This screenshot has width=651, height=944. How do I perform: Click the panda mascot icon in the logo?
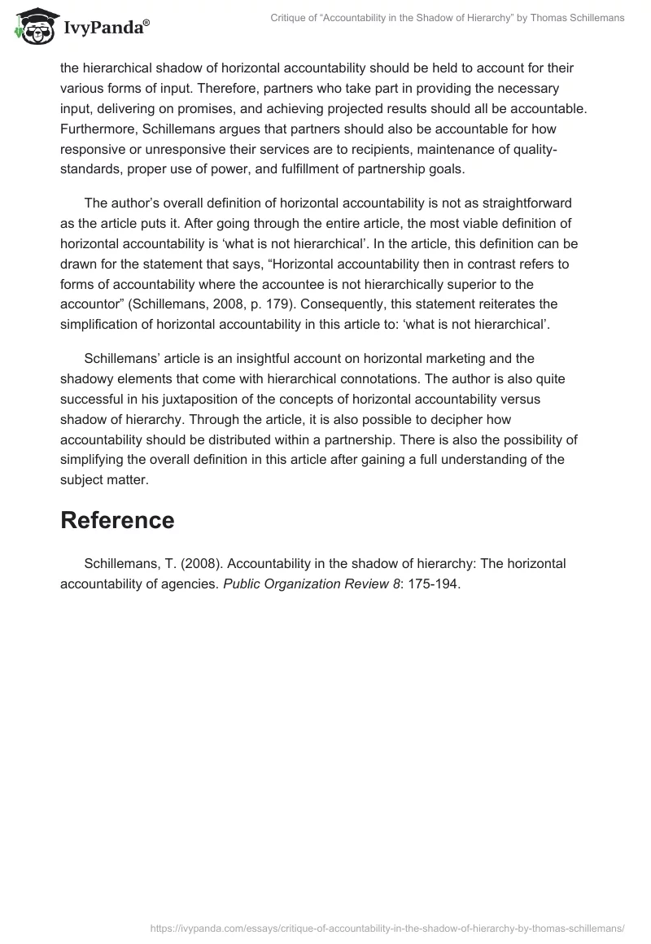pos(33,27)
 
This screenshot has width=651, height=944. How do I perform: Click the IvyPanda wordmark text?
pos(105,28)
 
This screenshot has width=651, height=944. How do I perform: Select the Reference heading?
pos(117,520)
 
